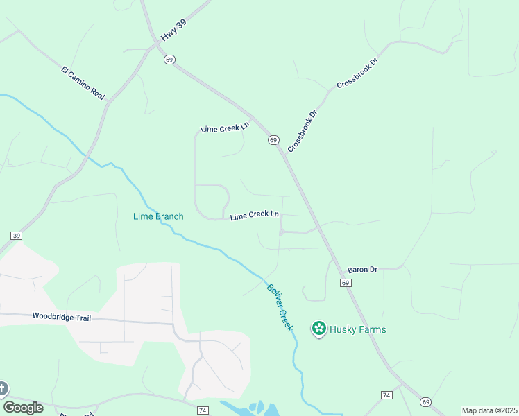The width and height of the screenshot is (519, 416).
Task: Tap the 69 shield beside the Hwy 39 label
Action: [169, 60]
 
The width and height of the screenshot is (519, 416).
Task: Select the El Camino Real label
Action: [82, 83]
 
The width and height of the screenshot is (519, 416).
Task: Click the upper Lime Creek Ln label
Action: [224, 128]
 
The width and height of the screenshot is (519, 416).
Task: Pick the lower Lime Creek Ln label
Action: [255, 216]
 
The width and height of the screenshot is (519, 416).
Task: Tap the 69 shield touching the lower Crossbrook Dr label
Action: [273, 140]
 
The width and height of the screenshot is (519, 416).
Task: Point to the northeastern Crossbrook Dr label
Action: [357, 73]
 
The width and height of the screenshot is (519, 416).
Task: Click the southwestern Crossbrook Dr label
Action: [302, 131]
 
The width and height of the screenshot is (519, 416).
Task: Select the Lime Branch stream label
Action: [158, 216]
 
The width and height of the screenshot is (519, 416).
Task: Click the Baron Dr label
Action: [361, 269]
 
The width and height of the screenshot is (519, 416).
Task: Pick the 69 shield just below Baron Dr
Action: [346, 283]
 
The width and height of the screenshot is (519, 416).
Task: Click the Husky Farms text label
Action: [358, 329]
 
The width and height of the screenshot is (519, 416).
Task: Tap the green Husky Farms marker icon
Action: [319, 329]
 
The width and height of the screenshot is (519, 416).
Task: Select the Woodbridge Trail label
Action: [61, 316]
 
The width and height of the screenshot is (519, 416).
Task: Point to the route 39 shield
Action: [16, 236]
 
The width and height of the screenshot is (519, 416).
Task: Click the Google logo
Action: [23, 408]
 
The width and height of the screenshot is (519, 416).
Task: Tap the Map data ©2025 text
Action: [489, 410]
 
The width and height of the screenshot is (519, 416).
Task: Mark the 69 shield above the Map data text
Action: [425, 401]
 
